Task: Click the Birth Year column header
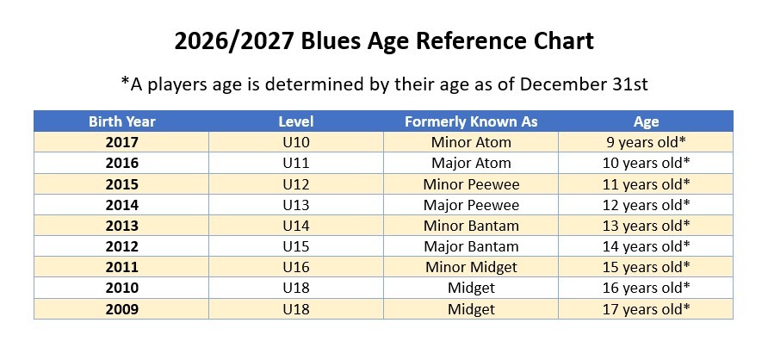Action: point(121,121)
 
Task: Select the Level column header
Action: point(296,121)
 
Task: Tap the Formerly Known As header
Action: point(471,121)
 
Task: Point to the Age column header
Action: point(646,122)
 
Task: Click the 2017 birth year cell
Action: point(121,142)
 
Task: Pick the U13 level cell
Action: point(296,205)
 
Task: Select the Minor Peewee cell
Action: point(471,184)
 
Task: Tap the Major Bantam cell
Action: point(471,246)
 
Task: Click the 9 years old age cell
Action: point(646,142)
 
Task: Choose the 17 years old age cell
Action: point(646,309)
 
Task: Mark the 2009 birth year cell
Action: point(121,309)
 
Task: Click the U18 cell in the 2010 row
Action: point(296,288)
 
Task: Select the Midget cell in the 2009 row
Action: point(471,309)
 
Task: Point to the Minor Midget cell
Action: point(471,268)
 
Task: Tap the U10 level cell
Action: point(296,142)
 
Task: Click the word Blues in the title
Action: point(328,41)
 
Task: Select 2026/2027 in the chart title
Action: point(234,41)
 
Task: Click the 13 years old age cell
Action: point(646,226)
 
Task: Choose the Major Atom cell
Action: point(471,163)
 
